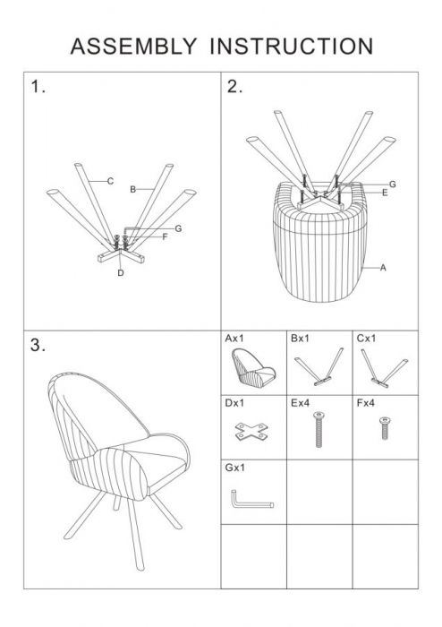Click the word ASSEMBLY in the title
133,47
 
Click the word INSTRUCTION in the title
292,47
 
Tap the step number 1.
38,87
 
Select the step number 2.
234,87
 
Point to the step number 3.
38,345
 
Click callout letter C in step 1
110,181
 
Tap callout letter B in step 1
133,190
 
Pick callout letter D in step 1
121,272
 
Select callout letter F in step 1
165,237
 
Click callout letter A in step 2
383,268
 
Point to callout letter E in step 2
385,193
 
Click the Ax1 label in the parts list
234,339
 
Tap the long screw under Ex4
319,429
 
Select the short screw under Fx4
385,428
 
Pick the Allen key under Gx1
251,500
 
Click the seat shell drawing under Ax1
253,368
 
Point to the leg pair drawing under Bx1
319,366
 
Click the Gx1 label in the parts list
234,468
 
